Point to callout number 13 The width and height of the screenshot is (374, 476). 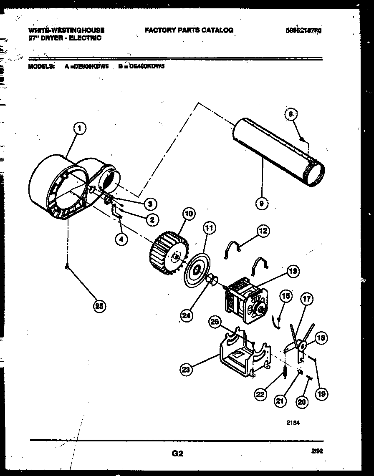coord(293,272)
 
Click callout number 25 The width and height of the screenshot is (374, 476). coord(99,306)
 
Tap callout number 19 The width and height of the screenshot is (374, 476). coord(321,393)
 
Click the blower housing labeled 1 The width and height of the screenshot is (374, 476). coord(63,188)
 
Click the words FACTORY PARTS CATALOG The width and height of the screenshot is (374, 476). coord(189,30)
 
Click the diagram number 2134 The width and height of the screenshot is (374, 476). coord(293,423)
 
